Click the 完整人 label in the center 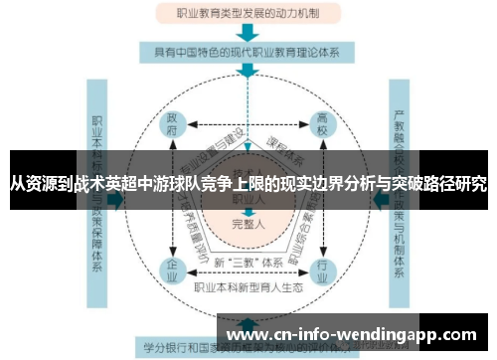[x=247, y=223]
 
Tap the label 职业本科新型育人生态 [x=248, y=288]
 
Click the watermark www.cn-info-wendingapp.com [x=354, y=334]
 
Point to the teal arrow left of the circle [x=116, y=199]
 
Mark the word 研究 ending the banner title [x=472, y=185]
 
